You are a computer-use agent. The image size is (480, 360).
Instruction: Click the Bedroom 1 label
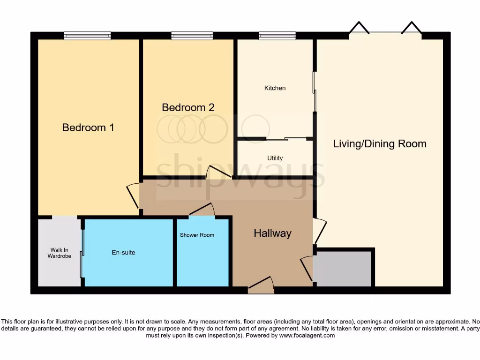pos(88,127)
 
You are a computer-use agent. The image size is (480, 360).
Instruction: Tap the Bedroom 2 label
pos(188,107)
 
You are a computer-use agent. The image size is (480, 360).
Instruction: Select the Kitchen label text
pos(275,88)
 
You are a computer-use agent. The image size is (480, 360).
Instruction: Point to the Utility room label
pos(275,158)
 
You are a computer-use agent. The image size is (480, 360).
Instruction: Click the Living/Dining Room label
pos(380,143)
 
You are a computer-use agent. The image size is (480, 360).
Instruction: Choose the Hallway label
pos(272,233)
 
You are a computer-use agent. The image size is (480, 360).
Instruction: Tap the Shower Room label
pos(197,235)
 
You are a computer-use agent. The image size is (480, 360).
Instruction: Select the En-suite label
pos(123,253)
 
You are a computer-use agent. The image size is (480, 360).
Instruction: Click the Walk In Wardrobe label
pos(59,253)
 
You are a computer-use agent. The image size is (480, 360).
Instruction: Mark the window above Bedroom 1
pos(87,36)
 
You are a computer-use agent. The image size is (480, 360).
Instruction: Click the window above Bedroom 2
pos(192,36)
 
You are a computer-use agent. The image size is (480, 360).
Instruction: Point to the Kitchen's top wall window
pos(277,36)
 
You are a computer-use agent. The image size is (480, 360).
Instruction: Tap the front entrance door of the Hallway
pos(261,285)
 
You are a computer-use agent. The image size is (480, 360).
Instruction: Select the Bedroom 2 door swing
pos(218,172)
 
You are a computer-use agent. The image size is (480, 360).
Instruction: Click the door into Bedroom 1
pos(134,194)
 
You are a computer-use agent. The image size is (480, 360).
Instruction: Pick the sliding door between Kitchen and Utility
pos(286,139)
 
